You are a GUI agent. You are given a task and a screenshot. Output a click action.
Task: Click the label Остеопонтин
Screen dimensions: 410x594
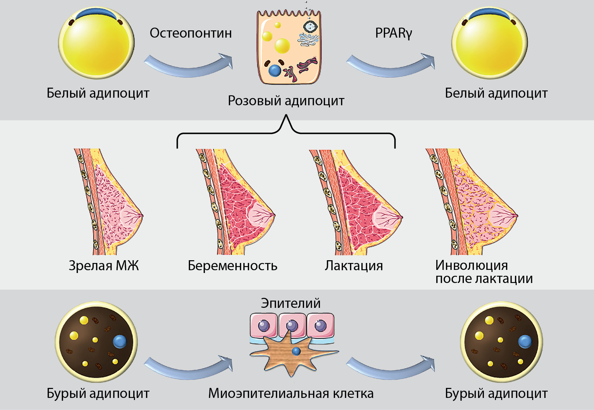pos(191,33)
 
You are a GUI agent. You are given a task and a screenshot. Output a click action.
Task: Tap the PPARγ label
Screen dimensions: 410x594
pos(393,33)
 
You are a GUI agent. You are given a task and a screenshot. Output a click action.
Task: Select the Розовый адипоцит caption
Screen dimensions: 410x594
pos(286,101)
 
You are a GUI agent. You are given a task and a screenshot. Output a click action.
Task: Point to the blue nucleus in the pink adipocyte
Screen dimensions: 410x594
pos(275,70)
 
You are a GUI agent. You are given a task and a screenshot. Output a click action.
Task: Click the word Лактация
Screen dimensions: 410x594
pos(354,266)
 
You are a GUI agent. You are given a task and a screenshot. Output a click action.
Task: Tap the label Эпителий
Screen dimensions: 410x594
pos(291,303)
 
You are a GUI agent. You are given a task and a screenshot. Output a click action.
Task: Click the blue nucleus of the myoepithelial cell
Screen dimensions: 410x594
pos(296,352)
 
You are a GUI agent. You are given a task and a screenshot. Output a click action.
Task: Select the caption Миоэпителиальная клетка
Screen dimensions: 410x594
pos(291,393)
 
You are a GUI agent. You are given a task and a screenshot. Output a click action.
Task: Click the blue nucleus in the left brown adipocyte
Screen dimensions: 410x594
pos(120,341)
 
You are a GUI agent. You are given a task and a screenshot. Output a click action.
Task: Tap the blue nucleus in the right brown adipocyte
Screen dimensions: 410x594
pos(525,341)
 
